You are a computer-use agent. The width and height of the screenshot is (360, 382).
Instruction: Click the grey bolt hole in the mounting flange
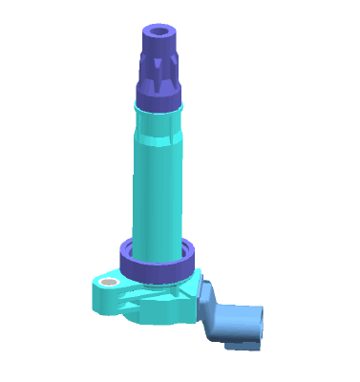click(109, 284)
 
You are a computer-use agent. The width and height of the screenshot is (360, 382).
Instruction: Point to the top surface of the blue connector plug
click(239, 308)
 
